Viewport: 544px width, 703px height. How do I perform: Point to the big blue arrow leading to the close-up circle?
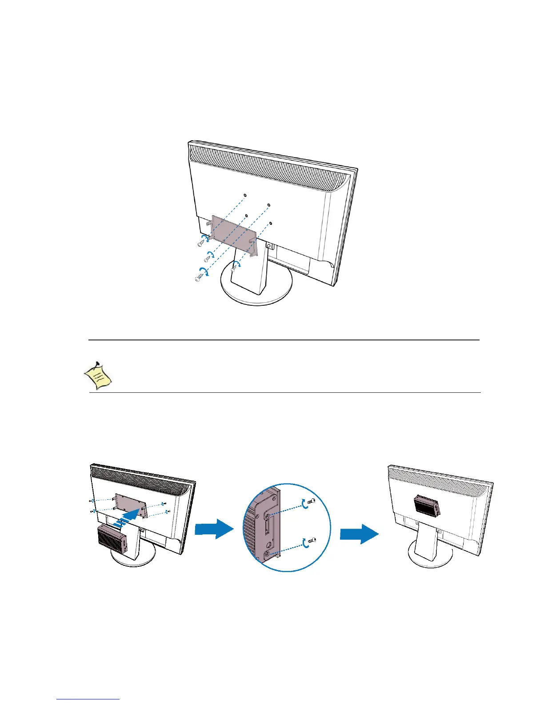[x=214, y=529]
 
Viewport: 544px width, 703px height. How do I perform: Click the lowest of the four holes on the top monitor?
[x=271, y=223]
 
